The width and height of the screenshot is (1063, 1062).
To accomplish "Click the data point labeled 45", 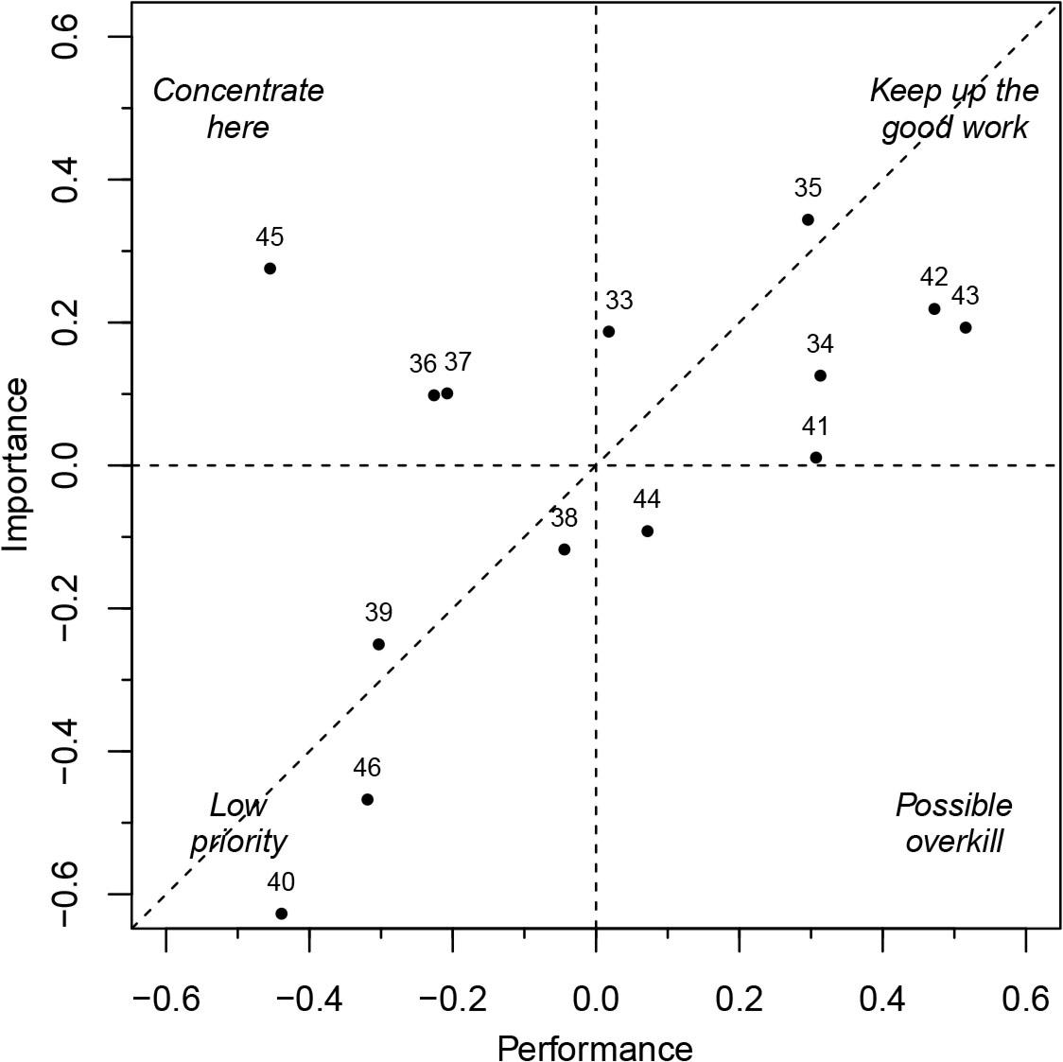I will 270,269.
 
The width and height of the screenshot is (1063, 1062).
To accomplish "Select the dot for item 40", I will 281,914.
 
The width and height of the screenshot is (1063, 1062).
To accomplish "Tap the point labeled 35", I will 808,219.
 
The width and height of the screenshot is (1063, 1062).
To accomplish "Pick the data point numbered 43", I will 965,328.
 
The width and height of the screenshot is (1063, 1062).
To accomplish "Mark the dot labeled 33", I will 608,332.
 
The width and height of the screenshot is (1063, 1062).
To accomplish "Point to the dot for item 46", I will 367,799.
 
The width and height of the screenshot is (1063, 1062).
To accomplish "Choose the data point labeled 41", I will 815,458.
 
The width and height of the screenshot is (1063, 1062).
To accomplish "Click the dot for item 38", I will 564,549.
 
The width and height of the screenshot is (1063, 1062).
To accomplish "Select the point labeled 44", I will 647,531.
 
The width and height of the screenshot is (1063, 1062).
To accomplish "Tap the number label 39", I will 378,613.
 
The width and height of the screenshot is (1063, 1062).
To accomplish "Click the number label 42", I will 933,278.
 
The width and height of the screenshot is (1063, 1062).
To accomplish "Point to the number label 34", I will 820,344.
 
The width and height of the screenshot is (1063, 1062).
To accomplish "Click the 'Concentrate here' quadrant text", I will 238,109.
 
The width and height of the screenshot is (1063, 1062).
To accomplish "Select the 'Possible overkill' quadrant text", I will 953,823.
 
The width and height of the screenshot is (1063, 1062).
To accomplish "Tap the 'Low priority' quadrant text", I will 238,823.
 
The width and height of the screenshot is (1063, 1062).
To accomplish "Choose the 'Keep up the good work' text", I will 953,109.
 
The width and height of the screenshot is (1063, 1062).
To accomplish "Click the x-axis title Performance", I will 595,1047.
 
